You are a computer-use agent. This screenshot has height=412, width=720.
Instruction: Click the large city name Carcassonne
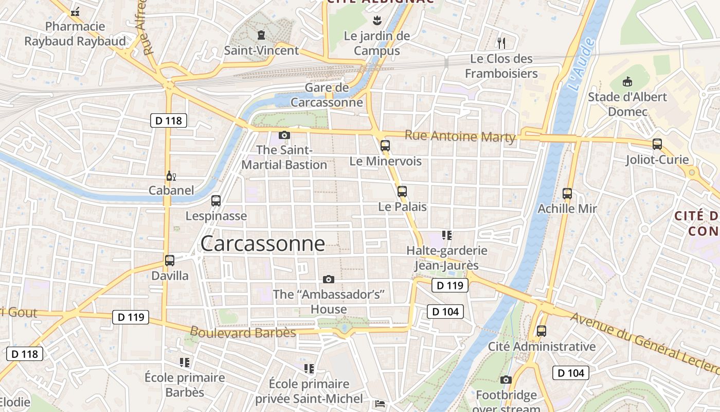262,244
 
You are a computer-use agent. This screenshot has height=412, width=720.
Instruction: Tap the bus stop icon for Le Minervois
385,145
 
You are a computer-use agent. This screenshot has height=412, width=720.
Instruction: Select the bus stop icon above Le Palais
402,191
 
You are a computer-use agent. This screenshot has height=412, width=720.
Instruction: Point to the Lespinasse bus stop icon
216,200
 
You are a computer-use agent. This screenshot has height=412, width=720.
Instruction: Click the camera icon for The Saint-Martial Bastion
284,135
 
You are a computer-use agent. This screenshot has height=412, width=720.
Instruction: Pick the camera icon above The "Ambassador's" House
329,279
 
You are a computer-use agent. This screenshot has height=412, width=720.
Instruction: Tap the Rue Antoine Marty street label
460,136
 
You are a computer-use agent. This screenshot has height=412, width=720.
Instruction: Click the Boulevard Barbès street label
243,332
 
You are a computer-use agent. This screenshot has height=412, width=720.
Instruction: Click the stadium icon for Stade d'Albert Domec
627,81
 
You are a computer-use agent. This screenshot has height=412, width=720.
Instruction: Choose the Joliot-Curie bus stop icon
657,144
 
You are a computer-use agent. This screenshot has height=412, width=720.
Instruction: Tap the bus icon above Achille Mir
567,194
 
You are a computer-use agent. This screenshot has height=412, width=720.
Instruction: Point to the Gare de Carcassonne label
327,95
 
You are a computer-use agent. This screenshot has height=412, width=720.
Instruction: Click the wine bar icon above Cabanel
171,176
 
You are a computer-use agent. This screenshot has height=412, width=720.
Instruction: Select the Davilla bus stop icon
170,260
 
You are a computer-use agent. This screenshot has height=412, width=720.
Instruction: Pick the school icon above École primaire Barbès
185,363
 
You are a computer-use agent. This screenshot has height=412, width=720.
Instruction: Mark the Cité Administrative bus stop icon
542,331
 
